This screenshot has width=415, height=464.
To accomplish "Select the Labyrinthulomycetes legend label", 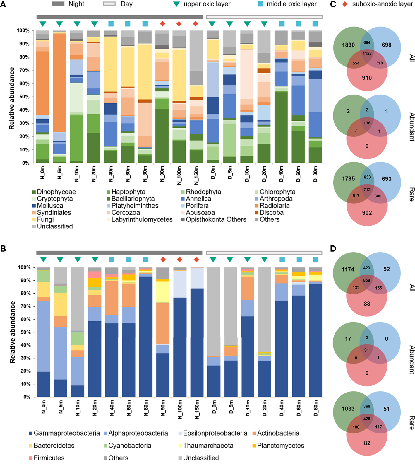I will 142,219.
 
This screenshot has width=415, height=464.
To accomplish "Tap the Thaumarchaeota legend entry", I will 208,446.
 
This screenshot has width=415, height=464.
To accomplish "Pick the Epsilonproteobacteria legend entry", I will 215,433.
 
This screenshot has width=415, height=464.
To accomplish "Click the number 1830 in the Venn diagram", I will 348,45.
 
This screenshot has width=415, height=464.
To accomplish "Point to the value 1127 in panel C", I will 367,53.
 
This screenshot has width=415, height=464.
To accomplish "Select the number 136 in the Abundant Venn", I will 367,123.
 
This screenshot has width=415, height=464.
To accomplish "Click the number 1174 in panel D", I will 348,269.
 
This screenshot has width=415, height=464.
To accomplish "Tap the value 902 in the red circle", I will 367,213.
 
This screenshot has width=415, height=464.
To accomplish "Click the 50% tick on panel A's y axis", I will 23,97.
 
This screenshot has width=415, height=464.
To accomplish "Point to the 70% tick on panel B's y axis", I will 24,306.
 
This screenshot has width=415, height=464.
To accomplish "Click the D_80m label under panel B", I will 315,408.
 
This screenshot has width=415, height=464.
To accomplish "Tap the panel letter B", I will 3,249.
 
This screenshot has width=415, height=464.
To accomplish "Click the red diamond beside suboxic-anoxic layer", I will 345,4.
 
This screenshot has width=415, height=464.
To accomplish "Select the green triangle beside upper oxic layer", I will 176,4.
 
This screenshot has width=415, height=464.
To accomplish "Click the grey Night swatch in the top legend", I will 58,4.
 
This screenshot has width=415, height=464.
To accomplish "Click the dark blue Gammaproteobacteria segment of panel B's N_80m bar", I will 146,337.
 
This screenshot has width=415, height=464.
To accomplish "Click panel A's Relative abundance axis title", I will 12,98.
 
